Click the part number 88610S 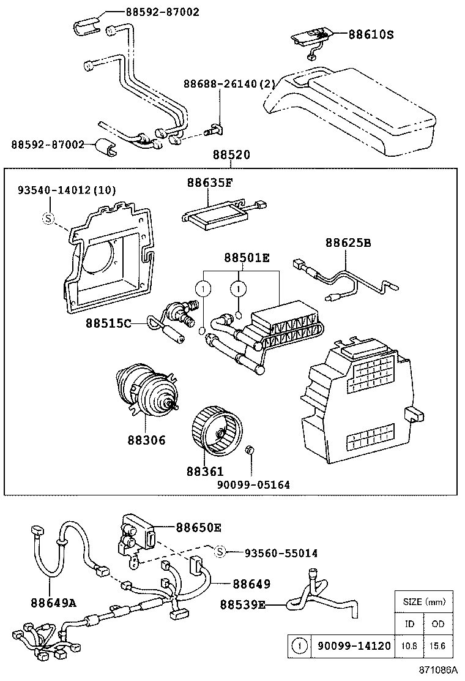coord(371,35)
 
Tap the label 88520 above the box coord(231,156)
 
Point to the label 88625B coord(348,243)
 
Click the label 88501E coord(247,258)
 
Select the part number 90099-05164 coord(253,484)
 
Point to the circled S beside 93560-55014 coord(221,552)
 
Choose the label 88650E coord(199,527)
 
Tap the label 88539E coord(243,605)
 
